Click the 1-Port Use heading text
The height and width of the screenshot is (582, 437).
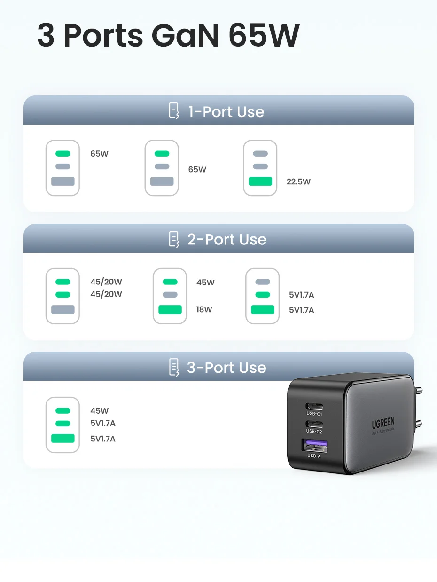point(226,112)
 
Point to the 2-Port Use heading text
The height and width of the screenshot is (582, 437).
point(227,240)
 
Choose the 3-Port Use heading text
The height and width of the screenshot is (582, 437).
point(226,368)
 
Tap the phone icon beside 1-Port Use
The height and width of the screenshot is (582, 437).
point(174,111)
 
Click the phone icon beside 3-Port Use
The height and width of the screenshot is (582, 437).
point(174,367)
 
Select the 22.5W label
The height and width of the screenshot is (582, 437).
point(298,182)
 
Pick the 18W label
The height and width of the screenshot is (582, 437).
point(204,310)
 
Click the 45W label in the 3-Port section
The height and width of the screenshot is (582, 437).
point(100,411)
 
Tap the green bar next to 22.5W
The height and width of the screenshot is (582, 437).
point(260,181)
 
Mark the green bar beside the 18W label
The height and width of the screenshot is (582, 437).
point(170,309)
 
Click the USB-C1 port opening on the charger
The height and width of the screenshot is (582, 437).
point(314,406)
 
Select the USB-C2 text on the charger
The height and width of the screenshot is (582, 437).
point(314,431)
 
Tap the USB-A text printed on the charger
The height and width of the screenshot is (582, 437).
point(314,456)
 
